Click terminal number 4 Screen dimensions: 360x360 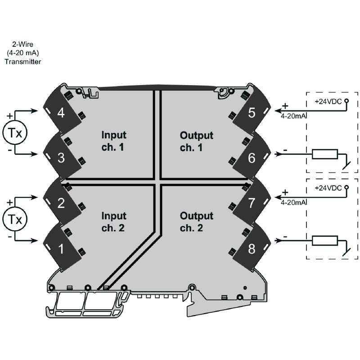[61, 112]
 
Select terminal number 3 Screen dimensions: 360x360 [61, 158]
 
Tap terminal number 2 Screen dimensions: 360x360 [61, 202]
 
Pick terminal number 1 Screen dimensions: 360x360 [61, 247]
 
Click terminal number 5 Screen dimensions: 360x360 [252, 112]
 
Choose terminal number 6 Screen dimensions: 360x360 [252, 158]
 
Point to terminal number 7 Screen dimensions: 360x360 [252, 202]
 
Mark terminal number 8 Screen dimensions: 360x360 [252, 247]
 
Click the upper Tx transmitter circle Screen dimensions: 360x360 [15, 132]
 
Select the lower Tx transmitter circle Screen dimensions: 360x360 [15, 219]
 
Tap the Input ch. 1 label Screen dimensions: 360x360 [114, 140]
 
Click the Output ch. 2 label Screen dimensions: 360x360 [196, 221]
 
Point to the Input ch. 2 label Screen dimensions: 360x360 [114, 221]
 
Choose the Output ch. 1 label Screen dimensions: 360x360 [196, 140]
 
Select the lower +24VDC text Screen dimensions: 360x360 [328, 188]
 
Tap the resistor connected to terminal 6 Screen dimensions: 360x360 [324, 154]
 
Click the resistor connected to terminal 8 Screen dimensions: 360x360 [324, 241]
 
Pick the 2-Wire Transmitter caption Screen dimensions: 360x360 [22, 53]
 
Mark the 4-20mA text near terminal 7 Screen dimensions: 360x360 [293, 203]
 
